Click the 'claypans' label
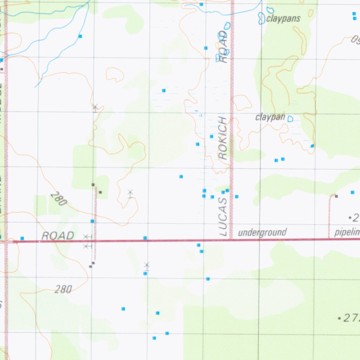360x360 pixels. click(x=283, y=19)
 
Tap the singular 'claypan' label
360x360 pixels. click(x=270, y=117)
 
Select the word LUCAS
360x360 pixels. click(x=223, y=217)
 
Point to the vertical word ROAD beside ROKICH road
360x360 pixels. click(x=223, y=47)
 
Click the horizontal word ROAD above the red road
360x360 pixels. click(x=58, y=236)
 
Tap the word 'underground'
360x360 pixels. click(x=262, y=232)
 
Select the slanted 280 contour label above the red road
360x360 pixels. click(x=58, y=199)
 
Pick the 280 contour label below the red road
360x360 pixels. click(x=64, y=290)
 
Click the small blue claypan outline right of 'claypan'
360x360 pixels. click(x=290, y=119)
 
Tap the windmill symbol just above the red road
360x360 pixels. click(x=85, y=237)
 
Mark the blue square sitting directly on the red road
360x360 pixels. click(x=145, y=238)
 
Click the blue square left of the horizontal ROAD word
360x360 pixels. click(x=22, y=238)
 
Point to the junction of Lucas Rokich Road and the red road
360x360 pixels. click(x=231, y=240)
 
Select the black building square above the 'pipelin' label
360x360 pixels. click(x=336, y=196)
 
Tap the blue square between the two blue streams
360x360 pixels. click(x=80, y=36)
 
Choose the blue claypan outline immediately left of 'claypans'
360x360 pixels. click(x=262, y=18)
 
